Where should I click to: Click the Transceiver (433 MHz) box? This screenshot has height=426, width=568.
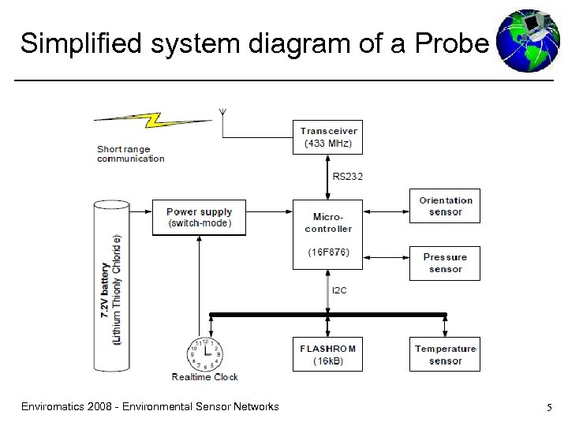[328, 137]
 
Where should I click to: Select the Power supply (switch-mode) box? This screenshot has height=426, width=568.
[199, 218]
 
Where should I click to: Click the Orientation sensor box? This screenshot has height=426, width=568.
[445, 206]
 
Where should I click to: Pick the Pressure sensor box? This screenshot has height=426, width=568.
[445, 263]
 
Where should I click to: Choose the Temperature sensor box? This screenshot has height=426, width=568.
[445, 354]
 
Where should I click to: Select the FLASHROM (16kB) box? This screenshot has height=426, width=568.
[328, 354]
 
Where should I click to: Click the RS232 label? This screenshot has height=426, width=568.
[347, 177]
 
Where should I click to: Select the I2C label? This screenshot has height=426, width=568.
[339, 290]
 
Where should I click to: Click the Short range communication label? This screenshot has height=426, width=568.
[130, 154]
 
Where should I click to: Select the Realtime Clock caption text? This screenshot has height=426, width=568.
[204, 377]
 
